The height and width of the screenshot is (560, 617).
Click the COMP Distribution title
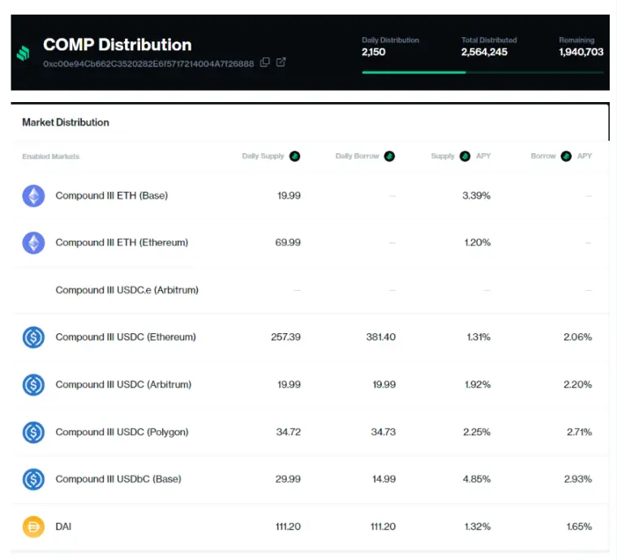(117, 45)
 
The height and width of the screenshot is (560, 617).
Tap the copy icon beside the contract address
(265, 62)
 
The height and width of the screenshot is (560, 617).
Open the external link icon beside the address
(281, 62)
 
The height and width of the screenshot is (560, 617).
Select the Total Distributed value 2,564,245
(484, 52)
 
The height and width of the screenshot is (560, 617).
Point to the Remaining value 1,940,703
(581, 52)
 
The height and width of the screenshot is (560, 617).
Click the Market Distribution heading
(66, 122)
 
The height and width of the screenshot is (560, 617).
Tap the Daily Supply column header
(264, 156)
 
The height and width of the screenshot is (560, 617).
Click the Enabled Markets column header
(50, 156)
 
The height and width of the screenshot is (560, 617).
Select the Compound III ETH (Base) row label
(111, 195)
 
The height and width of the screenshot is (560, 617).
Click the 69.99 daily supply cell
(288, 242)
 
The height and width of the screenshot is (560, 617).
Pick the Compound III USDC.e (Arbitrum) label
(126, 289)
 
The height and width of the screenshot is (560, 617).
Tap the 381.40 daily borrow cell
(381, 336)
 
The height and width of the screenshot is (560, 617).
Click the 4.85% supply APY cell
(477, 479)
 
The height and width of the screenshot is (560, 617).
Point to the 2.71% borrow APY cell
(577, 432)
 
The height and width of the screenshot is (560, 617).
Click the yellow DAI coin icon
(33, 527)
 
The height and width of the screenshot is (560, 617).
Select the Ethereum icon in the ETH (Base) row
(33, 195)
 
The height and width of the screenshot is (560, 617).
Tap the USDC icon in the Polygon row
(33, 432)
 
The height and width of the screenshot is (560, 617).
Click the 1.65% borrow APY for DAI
(577, 527)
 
